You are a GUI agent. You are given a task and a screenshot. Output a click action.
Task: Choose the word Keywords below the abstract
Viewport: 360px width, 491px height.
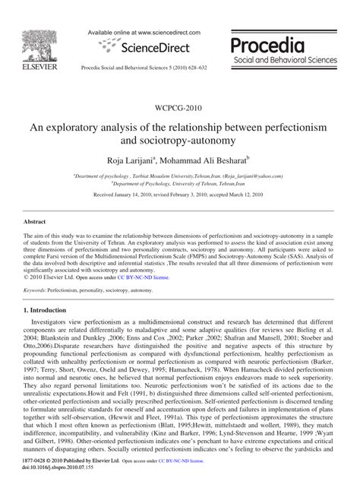coord(35,269)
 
